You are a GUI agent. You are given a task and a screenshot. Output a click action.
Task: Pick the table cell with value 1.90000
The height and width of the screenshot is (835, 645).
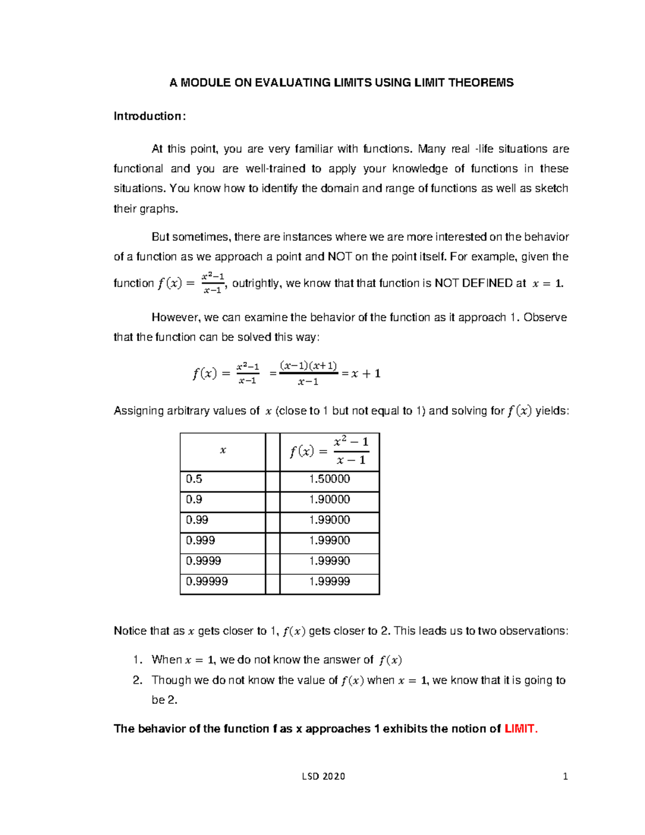[x=329, y=499]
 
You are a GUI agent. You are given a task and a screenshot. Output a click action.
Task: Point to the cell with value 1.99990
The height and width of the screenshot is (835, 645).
[x=329, y=561]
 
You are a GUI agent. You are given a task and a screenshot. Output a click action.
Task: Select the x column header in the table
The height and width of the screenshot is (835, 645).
[x=223, y=451]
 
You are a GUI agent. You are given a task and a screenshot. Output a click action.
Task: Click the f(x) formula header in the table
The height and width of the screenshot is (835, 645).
[x=329, y=451]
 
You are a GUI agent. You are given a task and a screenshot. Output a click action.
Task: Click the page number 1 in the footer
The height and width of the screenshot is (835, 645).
[x=565, y=776]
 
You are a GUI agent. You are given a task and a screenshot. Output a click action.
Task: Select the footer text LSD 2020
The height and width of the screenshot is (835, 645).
[x=323, y=776]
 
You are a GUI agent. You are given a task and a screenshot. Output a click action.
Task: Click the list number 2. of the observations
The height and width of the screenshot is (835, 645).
[x=138, y=680]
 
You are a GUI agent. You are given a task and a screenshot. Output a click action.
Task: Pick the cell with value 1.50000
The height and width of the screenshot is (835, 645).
[x=329, y=479]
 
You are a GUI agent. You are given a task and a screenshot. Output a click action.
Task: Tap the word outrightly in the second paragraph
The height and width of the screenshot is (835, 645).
[x=255, y=283]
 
